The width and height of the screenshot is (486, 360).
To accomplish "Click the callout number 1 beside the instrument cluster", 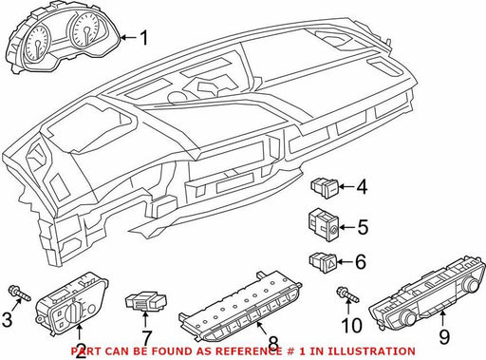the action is (144, 38).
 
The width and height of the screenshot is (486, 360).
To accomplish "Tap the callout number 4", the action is (362, 187).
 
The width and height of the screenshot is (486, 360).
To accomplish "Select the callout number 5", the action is (363, 227).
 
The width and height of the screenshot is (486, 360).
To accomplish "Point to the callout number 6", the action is (361, 262).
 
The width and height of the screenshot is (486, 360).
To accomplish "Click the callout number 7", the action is (147, 338).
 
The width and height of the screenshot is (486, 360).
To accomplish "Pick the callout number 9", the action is (444, 336).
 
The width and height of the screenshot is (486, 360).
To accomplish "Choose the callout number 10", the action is (351, 325).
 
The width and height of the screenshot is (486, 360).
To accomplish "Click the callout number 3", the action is (8, 319).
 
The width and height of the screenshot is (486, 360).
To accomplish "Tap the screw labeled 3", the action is (20, 294).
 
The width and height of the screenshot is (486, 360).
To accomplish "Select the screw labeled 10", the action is (348, 294).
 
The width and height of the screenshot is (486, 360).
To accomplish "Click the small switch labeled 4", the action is (325, 188).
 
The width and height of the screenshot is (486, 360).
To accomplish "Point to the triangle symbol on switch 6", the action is (331, 262).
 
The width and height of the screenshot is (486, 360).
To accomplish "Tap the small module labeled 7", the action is (146, 302).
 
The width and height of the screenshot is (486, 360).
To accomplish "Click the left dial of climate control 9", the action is (408, 316).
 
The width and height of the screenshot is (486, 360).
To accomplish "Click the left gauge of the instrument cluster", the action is (38, 43).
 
